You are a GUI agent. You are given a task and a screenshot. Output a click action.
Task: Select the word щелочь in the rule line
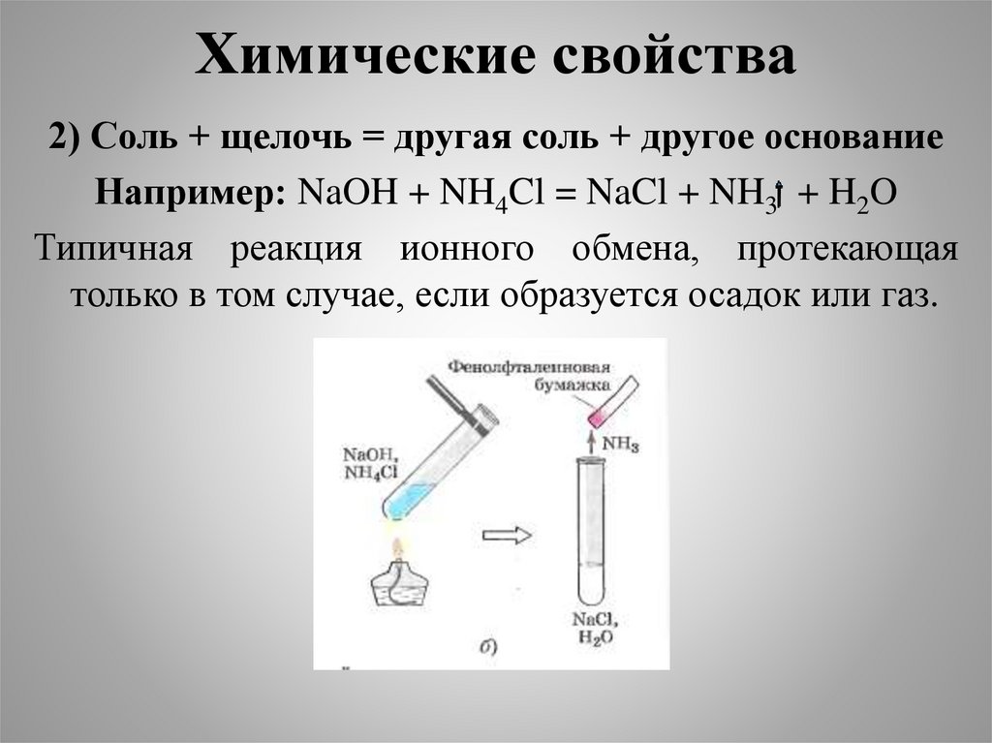pos(282,138)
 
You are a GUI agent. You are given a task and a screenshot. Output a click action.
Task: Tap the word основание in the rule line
pos(855,138)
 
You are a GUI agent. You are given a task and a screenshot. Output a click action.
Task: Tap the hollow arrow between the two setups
pos(507,535)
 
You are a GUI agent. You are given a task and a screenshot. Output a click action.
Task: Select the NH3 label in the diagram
pos(621,443)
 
